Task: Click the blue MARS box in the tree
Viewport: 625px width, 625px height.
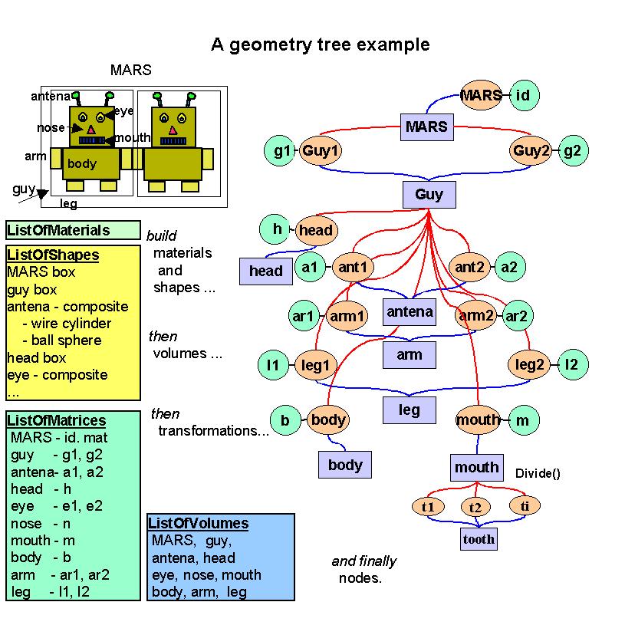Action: [x=426, y=126]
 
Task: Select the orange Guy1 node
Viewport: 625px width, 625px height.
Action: [x=319, y=150]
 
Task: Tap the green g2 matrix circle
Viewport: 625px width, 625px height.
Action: [x=572, y=150]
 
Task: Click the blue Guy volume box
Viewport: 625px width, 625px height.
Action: [x=429, y=194]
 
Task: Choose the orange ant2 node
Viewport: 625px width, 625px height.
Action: [x=469, y=268]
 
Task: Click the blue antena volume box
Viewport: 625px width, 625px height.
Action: [x=410, y=311]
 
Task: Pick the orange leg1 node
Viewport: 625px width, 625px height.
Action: [x=315, y=365]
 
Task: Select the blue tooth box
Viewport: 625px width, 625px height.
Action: [x=478, y=539]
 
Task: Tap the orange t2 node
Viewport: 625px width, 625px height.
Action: [x=475, y=507]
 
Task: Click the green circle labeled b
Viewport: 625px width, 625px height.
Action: [x=285, y=420]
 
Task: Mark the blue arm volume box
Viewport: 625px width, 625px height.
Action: [x=410, y=355]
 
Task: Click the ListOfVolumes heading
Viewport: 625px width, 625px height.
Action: [x=199, y=524]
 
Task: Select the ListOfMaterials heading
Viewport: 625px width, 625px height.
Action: [x=58, y=230]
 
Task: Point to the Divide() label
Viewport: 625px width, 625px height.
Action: [x=538, y=473]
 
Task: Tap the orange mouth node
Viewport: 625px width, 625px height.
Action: [x=478, y=420]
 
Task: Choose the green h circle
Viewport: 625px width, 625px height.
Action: [x=277, y=229]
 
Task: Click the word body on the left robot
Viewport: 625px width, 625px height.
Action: [x=82, y=163]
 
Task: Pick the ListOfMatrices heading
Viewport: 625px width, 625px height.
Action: [x=56, y=421]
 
